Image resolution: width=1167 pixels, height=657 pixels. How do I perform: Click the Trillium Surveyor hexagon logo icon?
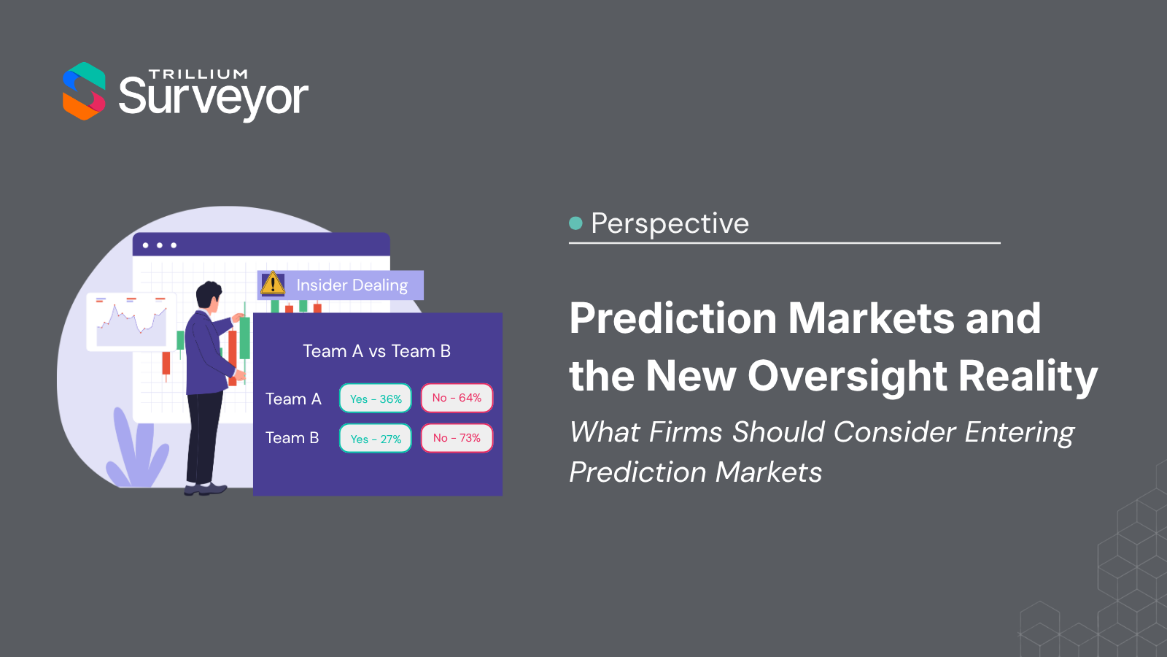(84, 91)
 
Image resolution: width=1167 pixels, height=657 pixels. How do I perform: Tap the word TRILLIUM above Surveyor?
(198, 74)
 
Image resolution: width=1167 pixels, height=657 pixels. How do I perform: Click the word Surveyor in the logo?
(214, 99)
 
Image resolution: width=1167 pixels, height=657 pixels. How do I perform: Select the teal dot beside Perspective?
(575, 223)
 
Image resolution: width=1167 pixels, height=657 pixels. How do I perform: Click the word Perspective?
(670, 223)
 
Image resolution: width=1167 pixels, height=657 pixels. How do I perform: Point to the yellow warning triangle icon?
(273, 284)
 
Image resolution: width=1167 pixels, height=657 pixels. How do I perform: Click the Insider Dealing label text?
(352, 285)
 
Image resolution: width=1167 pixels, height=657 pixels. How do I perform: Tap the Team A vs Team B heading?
(376, 351)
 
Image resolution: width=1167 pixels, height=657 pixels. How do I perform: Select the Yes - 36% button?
(376, 399)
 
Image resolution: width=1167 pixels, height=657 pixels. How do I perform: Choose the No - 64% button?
(457, 398)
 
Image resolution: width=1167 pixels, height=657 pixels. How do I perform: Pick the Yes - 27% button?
(376, 439)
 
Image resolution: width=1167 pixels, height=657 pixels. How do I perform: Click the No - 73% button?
(457, 438)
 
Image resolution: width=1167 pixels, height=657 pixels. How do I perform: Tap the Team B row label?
(292, 438)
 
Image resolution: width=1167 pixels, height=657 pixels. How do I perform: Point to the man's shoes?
(205, 490)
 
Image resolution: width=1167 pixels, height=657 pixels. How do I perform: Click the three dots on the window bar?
(160, 245)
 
